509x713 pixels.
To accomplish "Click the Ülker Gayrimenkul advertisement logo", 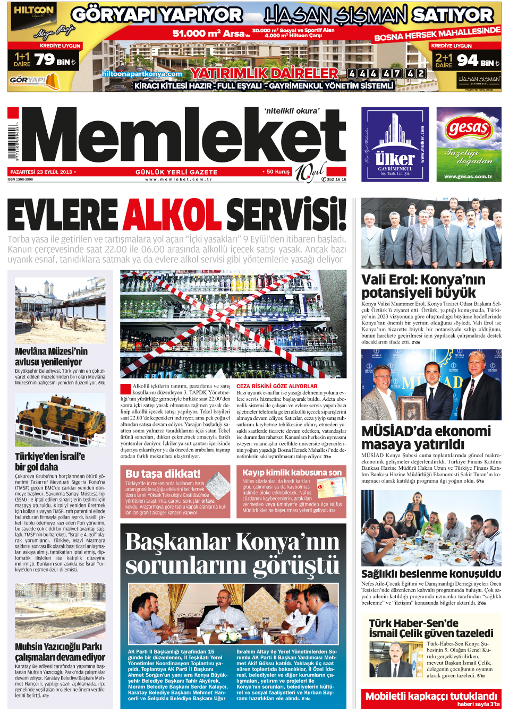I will point(395,144).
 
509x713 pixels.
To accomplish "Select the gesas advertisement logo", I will point(469,128).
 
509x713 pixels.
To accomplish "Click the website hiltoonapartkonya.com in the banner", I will point(142,74).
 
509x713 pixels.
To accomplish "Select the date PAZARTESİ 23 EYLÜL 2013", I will point(41,172).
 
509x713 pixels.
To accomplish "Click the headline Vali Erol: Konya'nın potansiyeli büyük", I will point(423,286).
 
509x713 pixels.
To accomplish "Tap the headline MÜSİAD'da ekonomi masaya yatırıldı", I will point(426,437).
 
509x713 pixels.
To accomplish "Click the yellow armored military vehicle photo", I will point(60,420).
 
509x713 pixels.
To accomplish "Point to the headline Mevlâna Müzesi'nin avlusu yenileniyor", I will point(51,356).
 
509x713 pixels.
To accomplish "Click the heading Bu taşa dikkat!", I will point(163,473).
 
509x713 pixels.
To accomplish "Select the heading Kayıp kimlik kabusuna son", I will point(292,473).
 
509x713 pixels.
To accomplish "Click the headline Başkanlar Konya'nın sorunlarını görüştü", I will point(232,553).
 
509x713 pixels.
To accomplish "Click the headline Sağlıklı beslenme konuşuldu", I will point(431,573).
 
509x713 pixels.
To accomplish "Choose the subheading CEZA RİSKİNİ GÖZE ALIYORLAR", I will point(277,386).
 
